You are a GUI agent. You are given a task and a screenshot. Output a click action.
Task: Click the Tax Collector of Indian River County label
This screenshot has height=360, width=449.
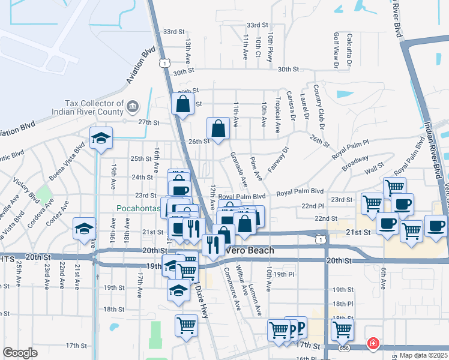pos(96,107)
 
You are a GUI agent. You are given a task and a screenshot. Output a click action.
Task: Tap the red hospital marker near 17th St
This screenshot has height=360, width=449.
pos(373,344)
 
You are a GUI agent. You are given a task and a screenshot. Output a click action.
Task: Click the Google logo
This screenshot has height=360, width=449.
pos(20,353)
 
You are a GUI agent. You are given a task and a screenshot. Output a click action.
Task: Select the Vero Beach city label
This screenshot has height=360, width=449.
pos(250,250)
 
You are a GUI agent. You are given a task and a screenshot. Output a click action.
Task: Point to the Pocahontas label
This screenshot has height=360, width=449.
pos(137,208)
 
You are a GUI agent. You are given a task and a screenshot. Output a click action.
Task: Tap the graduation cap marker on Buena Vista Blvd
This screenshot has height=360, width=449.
pos(101,138)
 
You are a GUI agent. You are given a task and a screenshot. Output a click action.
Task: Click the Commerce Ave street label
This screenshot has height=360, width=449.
pos(232,289)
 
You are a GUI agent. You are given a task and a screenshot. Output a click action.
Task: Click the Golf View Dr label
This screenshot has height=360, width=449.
pos(336,41)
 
